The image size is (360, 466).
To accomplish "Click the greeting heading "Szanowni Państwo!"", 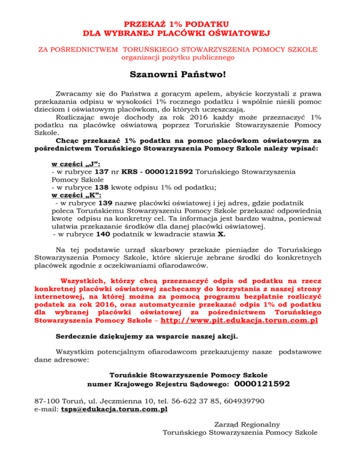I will click(x=180, y=75).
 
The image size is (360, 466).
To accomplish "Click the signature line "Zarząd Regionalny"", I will click(x=240, y=424).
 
